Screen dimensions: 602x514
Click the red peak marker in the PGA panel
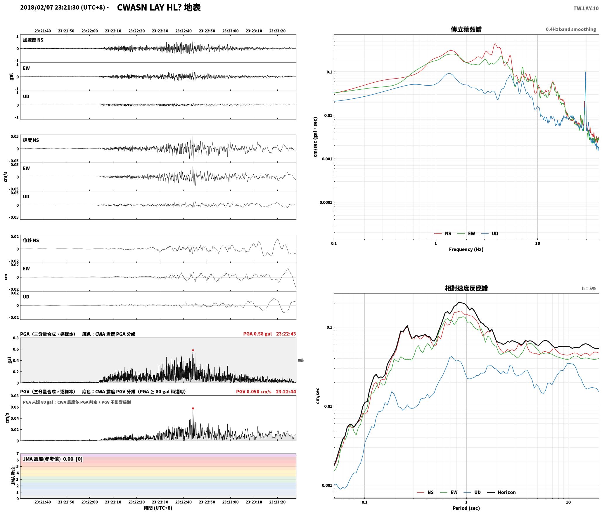[193, 350]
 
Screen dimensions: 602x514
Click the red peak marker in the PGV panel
[193, 408]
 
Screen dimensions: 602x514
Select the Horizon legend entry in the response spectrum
[501, 492]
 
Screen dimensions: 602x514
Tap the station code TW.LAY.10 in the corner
[586, 8]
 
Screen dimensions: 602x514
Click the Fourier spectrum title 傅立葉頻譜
[466, 29]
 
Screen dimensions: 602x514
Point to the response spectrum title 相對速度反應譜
[466, 288]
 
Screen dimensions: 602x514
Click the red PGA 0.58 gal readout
[257, 334]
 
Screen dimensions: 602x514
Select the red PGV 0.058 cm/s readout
[254, 391]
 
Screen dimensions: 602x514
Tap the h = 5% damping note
[589, 288]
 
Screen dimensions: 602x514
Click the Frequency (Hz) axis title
[466, 249]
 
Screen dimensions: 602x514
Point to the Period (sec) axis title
[466, 508]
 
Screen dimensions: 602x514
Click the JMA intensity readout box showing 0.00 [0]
[53, 459]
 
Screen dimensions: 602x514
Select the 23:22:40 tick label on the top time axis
[184, 31]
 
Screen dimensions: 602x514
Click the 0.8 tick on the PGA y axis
[16, 338]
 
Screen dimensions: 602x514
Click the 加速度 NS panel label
[33, 40]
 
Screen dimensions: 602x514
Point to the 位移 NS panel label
[31, 240]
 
